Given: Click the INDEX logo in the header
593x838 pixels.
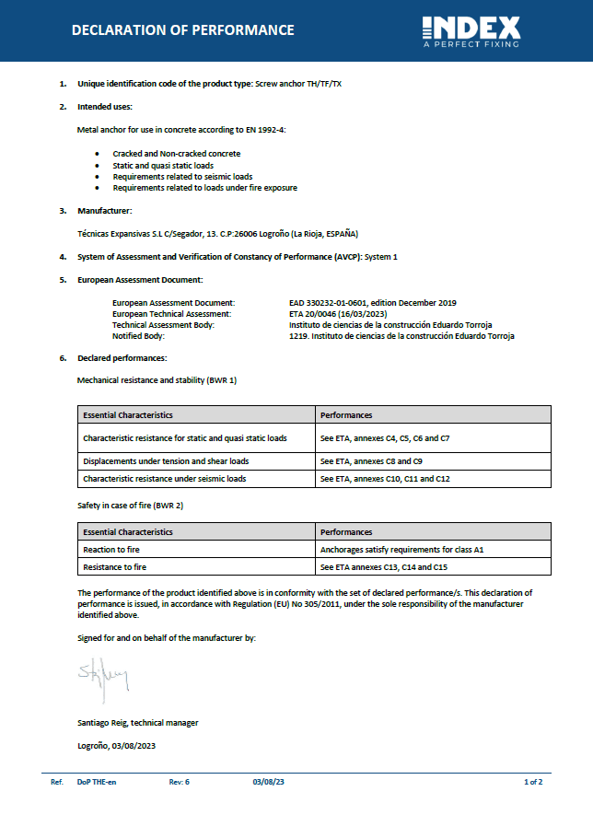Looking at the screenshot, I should pos(471,30).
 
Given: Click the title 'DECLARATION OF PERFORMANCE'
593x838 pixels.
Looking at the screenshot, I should pos(183,30).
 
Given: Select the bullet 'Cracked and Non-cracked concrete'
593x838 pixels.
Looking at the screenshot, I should pos(176,154).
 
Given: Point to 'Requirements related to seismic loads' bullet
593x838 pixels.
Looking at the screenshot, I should pos(182,176).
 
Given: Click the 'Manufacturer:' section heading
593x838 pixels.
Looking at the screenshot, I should pos(105,211).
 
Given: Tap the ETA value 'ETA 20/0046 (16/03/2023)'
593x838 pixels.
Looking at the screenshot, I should pos(340,313).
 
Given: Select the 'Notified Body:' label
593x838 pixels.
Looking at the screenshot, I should pos(138,336).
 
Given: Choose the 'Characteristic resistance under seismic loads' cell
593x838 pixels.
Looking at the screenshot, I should pos(164,479).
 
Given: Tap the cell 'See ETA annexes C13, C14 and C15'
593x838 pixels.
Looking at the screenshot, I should pos(383,567).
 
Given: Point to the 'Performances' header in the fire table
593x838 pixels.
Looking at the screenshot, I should pos(346,532).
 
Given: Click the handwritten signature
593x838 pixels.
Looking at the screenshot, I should pos(103,677).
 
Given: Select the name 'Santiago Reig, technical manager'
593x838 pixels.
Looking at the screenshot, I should pos(137,723).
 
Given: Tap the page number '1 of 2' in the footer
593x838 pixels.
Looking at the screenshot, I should pos(532,782).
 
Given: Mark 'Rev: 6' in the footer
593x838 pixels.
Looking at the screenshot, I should pos(180,782).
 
